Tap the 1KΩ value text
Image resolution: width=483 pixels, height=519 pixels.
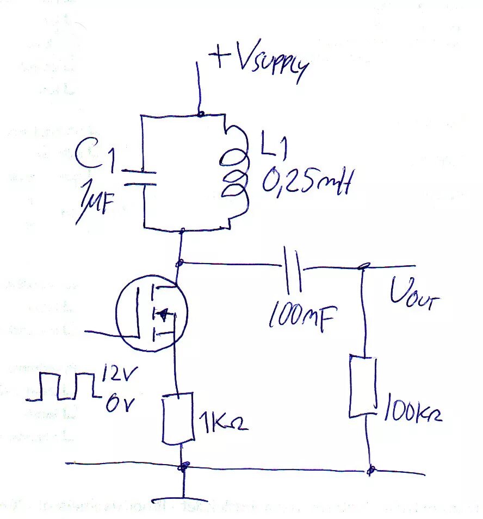click(x=223, y=421)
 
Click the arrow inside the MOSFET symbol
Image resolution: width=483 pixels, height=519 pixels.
click(x=163, y=314)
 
